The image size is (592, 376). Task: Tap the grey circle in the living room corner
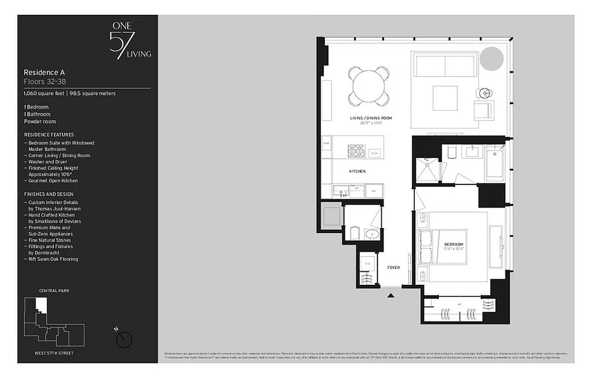coord(491,59)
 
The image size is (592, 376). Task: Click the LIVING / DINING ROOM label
coord(371,118)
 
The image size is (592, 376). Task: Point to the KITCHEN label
coord(357,172)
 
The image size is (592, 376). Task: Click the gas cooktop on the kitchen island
coord(356,150)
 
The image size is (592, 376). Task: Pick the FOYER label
coord(393,267)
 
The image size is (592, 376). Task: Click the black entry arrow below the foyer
coord(390,295)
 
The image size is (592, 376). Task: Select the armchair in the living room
coord(483,110)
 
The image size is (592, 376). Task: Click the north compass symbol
coord(125,338)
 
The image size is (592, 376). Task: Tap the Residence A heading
coord(44,72)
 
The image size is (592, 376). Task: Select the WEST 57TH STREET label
coord(54,352)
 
